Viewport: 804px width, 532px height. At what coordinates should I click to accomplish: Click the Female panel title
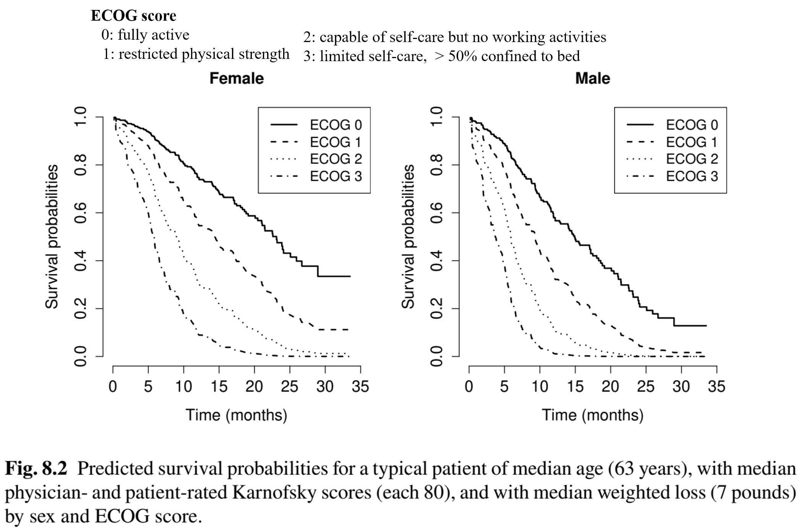[x=237, y=78]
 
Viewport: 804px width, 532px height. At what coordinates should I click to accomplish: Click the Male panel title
[x=593, y=78]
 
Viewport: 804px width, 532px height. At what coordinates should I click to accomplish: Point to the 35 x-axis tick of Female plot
[x=360, y=387]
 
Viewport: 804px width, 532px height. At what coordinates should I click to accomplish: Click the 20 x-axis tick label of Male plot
[x=610, y=387]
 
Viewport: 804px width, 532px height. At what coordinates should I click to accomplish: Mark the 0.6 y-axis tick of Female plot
[x=81, y=212]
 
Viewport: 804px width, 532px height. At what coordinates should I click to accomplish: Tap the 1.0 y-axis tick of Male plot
[x=437, y=117]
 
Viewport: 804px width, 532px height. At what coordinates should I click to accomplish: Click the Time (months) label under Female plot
[x=237, y=415]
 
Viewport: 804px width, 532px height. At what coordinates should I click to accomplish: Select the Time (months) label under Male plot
[x=593, y=415]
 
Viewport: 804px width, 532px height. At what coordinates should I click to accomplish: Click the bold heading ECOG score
[x=133, y=16]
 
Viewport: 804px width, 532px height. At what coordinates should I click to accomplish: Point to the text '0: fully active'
[x=145, y=35]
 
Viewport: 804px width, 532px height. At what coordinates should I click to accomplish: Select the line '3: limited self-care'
[x=441, y=56]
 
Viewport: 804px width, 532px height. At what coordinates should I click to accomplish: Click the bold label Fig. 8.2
[x=36, y=469]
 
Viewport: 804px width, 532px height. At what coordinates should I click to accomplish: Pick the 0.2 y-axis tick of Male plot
[x=437, y=308]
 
